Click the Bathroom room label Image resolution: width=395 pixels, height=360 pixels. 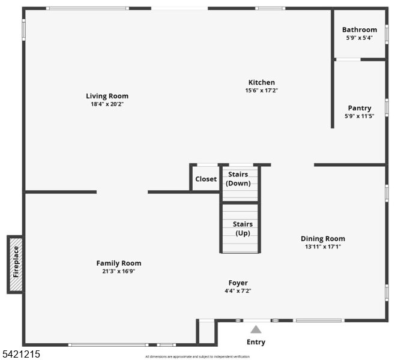pos(360,30)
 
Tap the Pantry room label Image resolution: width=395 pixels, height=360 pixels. pos(360,108)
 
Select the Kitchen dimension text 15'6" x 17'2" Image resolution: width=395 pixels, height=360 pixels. pos(262,91)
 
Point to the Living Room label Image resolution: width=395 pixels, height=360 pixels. pos(107,96)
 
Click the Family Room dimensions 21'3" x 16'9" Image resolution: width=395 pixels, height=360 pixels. pos(119,271)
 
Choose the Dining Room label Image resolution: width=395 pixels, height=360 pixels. pos(323,239)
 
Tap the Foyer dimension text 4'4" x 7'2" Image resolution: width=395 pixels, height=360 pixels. pos(238,291)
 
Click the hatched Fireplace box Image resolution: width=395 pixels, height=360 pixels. pos(16,265)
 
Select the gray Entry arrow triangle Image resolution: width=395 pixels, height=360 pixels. pos(256,329)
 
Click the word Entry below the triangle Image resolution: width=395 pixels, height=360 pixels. pos(256,342)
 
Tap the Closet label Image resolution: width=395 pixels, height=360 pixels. pos(206,179)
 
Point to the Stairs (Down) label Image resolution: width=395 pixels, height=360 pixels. pos(238,179)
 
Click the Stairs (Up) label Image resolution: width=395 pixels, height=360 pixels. pos(243,229)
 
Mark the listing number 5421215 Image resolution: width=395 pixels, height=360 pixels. pos(21,354)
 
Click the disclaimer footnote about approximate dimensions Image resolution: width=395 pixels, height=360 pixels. pos(197,356)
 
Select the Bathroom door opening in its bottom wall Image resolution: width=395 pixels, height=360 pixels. pos(348,59)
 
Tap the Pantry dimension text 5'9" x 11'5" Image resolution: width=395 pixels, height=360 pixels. pos(360,116)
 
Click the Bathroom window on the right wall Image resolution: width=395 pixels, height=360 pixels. pos(387,34)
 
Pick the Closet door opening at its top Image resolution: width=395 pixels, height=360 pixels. pos(207,165)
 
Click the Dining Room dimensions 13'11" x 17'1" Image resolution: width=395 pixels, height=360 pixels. pos(323,247)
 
